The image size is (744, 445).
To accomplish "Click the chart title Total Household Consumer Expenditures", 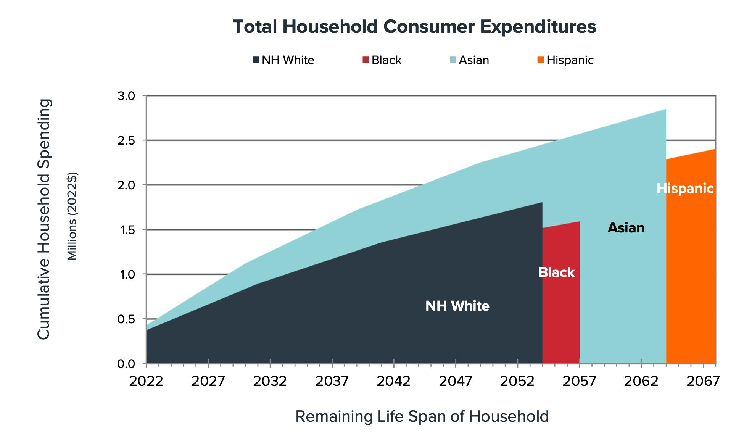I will pos(414,27).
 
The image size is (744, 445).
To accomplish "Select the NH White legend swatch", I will pos(256,60).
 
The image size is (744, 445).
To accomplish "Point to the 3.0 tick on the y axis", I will pos(126,96).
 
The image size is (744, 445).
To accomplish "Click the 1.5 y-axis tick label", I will pos(126,230).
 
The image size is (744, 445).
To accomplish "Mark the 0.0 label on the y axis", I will pos(126,364).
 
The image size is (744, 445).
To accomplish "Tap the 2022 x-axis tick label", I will pos(146,381).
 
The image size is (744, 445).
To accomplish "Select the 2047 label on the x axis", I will pos(456,381).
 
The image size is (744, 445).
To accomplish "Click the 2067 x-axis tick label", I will pos(703,381).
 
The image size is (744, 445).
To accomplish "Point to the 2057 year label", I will pos(579,381).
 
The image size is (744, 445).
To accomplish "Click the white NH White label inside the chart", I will pos(457,306).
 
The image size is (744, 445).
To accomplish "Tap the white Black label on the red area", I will pos(556,272).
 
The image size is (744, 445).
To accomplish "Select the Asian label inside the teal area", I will pos(626,228).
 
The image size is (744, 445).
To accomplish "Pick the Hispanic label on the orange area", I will pos(685,189).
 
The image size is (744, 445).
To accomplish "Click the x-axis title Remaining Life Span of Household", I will pos(422,416).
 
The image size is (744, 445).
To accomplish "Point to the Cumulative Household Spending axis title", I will pos(44,219).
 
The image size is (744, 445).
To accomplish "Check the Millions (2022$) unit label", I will pos(72,216).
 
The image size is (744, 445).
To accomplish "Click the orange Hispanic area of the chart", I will pos(691,267).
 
